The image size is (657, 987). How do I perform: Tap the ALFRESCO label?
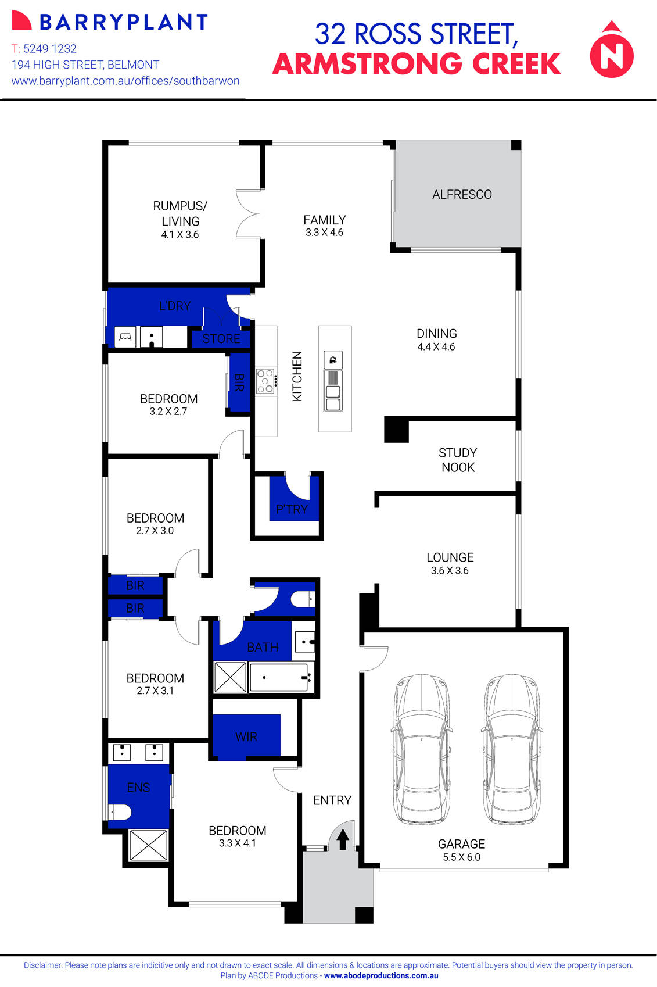pos(462,195)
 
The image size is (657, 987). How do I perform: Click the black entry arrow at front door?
pos(343,839)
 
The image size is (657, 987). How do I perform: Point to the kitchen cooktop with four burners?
pos(265,381)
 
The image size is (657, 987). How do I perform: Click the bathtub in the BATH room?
pos(279,677)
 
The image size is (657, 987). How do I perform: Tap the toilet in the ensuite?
pos(120,811)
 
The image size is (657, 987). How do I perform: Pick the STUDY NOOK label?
pos(458,460)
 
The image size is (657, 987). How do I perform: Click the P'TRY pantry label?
pos(292,509)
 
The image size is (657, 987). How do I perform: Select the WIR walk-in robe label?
pos(246,736)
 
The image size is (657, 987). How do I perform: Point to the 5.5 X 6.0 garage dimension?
pos(461,857)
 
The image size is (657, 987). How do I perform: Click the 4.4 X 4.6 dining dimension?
pos(436,347)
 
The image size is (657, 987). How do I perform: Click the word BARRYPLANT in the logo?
pos(123,22)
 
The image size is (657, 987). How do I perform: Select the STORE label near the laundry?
pos(221,338)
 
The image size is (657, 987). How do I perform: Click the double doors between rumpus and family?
pos(249,214)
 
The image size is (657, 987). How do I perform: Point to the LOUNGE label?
pos(450,557)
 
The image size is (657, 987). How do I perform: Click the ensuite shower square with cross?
pos(148,845)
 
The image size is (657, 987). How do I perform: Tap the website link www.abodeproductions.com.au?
pos(381,976)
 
